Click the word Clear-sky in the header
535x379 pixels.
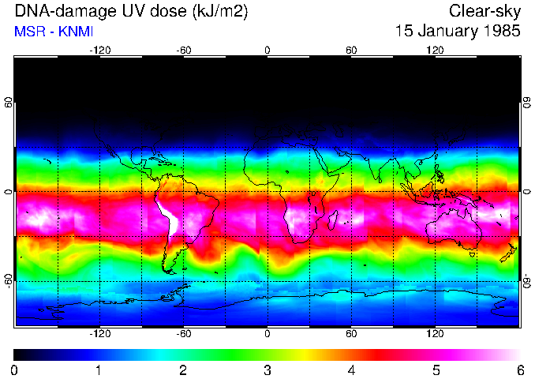[484, 12]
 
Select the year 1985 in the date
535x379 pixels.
[499, 32]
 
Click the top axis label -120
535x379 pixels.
[99, 50]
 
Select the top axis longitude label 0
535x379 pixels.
[267, 50]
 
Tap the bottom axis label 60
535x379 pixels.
[351, 334]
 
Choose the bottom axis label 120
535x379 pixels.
[436, 334]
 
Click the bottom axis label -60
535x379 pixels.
[183, 334]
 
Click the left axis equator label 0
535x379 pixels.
[8, 192]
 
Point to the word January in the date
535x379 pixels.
[441, 32]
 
